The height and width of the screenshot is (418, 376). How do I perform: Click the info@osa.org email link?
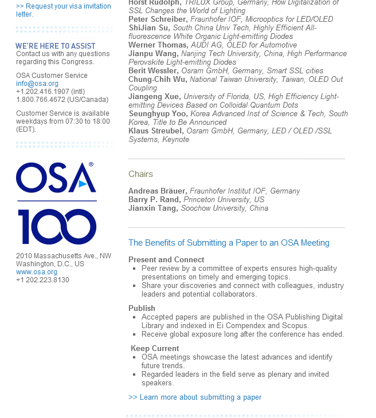(37, 84)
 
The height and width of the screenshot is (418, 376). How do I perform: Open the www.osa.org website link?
(37, 272)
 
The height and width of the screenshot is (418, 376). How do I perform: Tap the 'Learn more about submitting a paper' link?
(195, 397)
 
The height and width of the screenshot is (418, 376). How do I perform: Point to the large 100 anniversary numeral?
(57, 227)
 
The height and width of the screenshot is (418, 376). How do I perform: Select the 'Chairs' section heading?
(140, 174)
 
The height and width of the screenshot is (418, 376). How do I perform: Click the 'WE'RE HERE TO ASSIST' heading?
(56, 46)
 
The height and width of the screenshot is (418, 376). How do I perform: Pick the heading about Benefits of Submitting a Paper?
(229, 243)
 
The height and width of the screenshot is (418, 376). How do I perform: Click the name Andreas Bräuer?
(157, 191)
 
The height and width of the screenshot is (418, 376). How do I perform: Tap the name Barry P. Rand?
(155, 200)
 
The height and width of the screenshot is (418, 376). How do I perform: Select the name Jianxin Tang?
(153, 208)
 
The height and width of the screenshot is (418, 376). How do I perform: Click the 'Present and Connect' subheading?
(166, 260)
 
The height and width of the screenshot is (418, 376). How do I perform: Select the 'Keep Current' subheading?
(155, 348)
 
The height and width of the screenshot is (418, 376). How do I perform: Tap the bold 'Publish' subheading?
(142, 308)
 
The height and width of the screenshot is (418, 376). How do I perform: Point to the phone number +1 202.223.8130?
(42, 280)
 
